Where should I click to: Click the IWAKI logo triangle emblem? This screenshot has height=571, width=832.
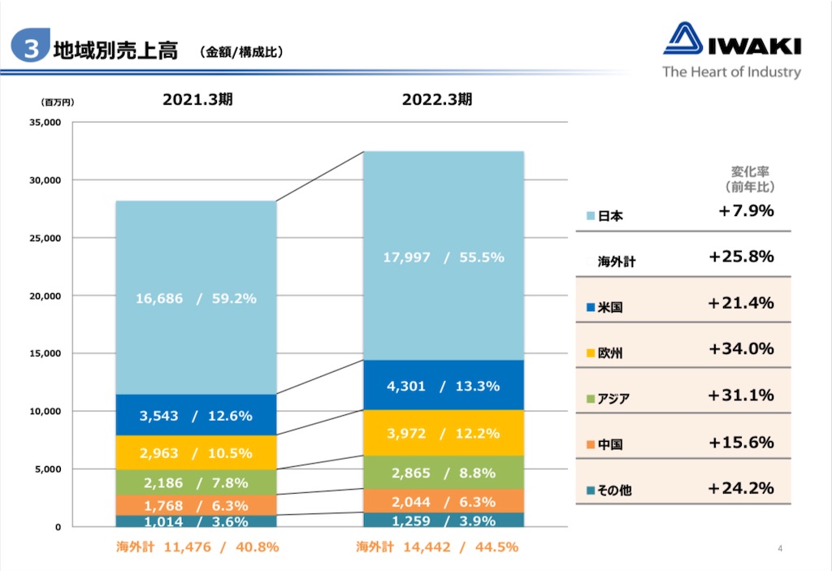tap(682, 38)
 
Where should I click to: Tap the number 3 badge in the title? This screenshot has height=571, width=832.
tap(31, 45)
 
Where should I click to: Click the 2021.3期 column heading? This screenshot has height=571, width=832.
tap(197, 99)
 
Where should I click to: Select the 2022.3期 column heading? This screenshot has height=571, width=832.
tap(436, 99)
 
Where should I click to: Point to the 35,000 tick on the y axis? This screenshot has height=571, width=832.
tap(45, 123)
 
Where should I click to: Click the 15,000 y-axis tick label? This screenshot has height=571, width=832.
tap(45, 353)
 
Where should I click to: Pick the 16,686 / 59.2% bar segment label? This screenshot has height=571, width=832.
tap(196, 298)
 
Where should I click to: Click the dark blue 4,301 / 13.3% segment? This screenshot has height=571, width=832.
tap(444, 385)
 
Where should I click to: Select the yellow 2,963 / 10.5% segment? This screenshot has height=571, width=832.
tap(197, 452)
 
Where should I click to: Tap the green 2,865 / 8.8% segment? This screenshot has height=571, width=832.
tap(444, 472)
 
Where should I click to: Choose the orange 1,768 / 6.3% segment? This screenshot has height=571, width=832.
tap(197, 504)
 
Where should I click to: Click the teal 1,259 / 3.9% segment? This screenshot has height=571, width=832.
tap(444, 520)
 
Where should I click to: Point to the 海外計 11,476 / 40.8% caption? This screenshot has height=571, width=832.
tap(197, 547)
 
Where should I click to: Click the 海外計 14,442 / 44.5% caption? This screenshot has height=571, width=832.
tap(437, 547)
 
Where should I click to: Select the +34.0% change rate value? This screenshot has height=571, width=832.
tap(741, 348)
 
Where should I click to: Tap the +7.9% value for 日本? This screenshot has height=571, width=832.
tap(746, 210)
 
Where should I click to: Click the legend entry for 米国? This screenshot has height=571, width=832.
tap(604, 307)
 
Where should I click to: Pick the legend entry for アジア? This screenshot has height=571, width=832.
tap(608, 399)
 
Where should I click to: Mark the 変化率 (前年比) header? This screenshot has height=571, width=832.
tap(750, 179)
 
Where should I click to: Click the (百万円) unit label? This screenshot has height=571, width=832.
tap(58, 102)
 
